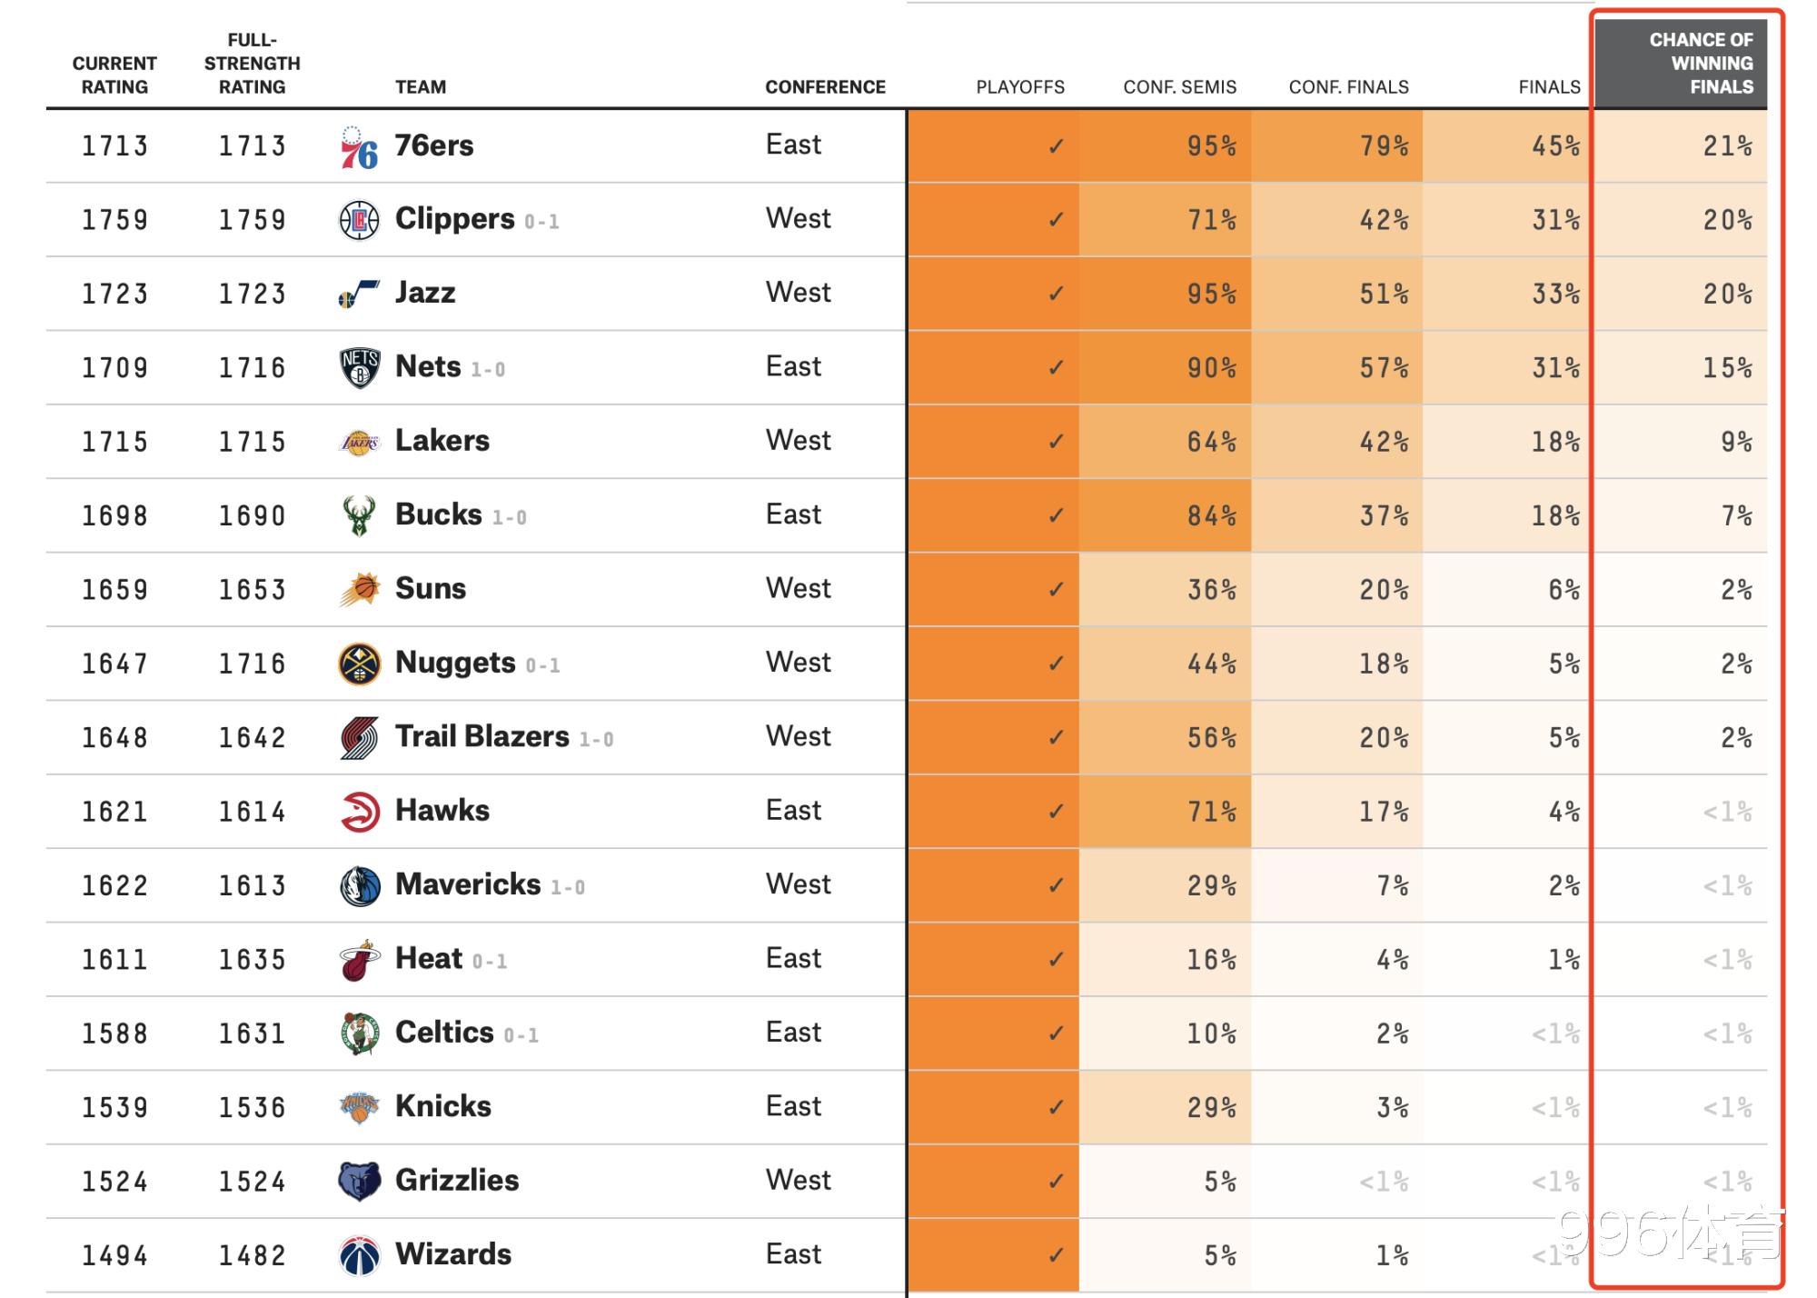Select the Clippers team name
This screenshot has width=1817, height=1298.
(x=454, y=219)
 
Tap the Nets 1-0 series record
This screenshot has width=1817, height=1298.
(x=488, y=370)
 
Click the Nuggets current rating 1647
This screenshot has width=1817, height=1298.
(x=114, y=664)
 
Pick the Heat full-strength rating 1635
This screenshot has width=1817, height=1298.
(x=252, y=960)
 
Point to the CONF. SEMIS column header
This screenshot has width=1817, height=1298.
(x=1179, y=87)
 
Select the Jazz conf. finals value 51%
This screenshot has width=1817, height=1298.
(x=1383, y=295)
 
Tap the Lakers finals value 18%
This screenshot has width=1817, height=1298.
(x=1555, y=443)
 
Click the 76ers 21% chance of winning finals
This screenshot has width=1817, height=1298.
(x=1727, y=146)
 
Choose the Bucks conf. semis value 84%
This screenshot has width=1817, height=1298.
(x=1211, y=516)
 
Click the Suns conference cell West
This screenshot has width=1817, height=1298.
(x=798, y=588)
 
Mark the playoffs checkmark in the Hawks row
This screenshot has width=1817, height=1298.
(x=1055, y=812)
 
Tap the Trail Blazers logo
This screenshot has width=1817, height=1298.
(x=359, y=738)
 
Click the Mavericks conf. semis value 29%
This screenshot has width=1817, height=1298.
(x=1211, y=886)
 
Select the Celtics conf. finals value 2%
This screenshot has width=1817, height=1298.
(x=1392, y=1033)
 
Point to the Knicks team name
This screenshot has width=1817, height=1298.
(x=442, y=1106)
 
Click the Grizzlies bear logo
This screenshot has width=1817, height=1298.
(x=359, y=1182)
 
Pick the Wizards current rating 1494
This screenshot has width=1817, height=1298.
(x=114, y=1256)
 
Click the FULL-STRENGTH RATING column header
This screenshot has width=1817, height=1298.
(x=252, y=64)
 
